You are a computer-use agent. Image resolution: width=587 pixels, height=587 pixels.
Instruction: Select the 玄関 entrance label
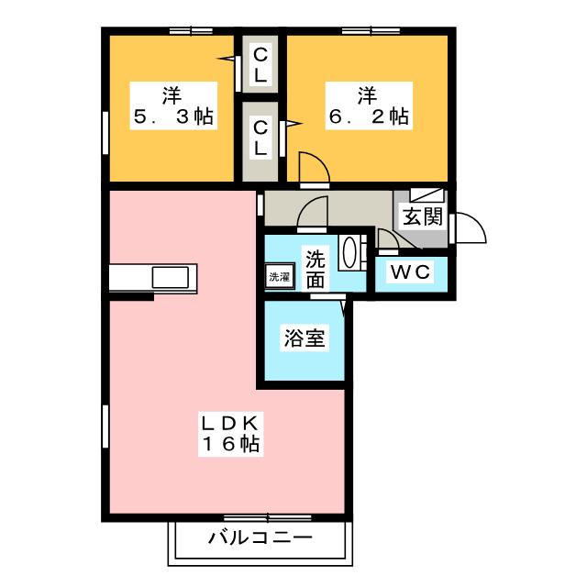point(422,217)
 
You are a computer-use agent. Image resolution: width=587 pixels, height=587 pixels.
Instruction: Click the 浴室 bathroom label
point(304,338)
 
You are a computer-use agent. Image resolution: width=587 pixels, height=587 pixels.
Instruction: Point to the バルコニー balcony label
point(260,538)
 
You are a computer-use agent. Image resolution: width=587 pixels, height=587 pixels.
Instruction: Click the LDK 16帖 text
point(230,434)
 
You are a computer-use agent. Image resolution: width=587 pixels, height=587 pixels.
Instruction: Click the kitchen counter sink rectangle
point(172,277)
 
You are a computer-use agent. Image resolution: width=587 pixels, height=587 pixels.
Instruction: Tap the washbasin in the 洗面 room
point(350,253)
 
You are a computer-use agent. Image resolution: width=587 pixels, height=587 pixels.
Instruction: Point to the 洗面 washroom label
point(315,270)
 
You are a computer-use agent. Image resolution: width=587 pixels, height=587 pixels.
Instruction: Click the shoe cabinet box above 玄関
point(427,195)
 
